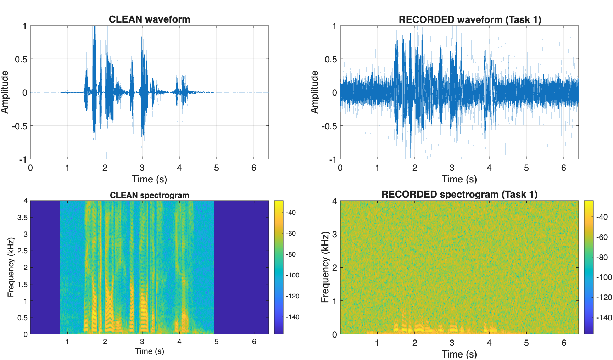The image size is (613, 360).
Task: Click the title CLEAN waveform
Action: coord(149,19)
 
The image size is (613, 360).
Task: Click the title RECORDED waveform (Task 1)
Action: coord(470,19)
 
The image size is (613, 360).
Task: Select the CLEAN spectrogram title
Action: coord(149,195)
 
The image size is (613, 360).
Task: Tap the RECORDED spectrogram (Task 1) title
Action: coord(459,194)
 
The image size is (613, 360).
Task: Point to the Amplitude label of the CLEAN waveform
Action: coord(5,92)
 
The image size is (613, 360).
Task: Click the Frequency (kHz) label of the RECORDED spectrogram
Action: coord(325,267)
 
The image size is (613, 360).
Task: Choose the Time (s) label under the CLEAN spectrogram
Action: coord(149,351)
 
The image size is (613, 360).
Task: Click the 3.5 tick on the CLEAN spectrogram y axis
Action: coord(22,217)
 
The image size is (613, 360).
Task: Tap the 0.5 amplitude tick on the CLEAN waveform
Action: coord(21,59)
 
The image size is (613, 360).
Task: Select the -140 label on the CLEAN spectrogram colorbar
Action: coord(292,317)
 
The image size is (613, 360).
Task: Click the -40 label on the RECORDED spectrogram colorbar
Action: coord(603,217)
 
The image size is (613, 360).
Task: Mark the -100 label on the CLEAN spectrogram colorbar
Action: coord(292,275)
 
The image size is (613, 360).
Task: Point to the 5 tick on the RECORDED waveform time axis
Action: coord(526,168)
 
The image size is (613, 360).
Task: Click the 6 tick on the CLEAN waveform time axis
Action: coord(253,168)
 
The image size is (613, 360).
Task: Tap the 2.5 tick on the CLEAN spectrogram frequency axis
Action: coord(22,251)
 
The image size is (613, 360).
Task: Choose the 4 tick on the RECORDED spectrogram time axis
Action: coord(489,343)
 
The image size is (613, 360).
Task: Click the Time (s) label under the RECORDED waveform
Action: coord(459,179)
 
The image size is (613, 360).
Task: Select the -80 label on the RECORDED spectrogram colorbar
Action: coord(603,257)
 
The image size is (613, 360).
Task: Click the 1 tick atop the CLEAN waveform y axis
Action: coord(24,26)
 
